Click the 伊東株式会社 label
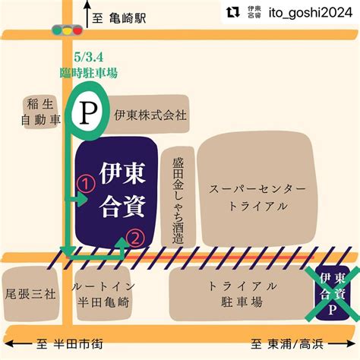coord(150,115)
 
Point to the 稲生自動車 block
coord(39,112)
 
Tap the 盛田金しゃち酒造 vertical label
coord(178,197)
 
